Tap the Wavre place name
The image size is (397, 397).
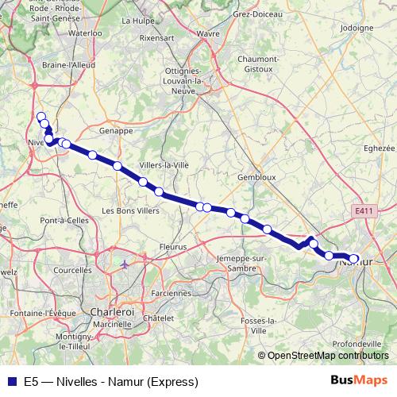(x=208, y=33)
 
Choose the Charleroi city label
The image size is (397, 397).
(x=111, y=311)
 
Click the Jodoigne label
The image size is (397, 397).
(x=356, y=28)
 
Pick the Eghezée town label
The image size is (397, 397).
(x=378, y=148)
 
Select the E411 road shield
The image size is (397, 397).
(x=364, y=210)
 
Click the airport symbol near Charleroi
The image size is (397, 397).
(x=125, y=263)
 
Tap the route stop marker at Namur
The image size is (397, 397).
(x=354, y=259)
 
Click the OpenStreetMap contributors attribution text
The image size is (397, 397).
(x=326, y=356)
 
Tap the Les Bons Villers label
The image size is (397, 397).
(x=131, y=210)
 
